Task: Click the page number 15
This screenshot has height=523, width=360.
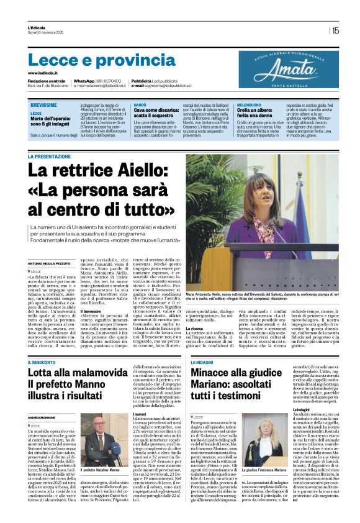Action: (x=335, y=30)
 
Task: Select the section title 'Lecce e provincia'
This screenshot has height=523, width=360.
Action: (x=92, y=60)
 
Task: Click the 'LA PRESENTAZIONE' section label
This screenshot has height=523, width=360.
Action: (x=53, y=157)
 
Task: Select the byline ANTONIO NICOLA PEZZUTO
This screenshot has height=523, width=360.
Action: (x=49, y=264)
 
